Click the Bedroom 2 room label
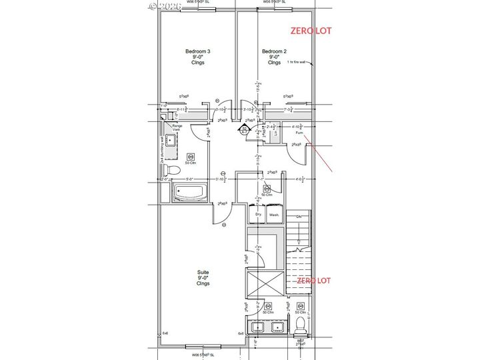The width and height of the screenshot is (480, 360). tap(274, 57)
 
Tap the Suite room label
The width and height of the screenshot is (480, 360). tap(203, 277)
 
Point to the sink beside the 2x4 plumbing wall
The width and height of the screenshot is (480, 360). tap(169, 141)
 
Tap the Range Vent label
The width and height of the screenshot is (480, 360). tap(177, 128)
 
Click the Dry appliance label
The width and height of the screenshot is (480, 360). tap(257, 215)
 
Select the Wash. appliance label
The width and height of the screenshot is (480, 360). tap(273, 215)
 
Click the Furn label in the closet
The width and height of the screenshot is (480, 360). tap(299, 133)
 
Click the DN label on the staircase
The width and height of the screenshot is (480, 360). tap(299, 217)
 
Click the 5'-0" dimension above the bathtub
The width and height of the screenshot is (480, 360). tap(189, 179)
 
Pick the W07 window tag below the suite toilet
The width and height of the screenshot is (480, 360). tap(301, 341)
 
